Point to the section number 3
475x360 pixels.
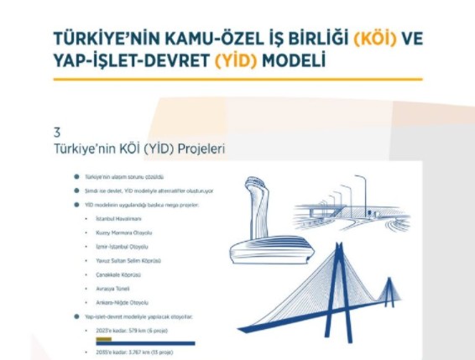[x=56, y=132]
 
